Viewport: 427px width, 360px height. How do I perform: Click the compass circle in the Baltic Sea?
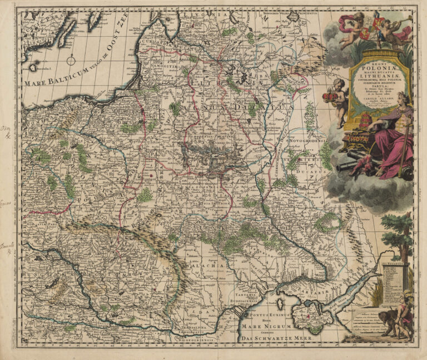(x=72, y=60)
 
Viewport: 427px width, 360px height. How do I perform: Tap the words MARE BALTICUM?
(x=54, y=78)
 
